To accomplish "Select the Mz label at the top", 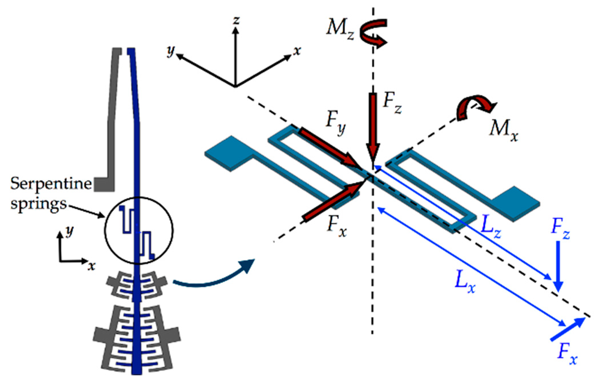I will tap(340, 29).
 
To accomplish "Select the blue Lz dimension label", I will tap(491, 228).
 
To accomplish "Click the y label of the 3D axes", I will tap(171, 51).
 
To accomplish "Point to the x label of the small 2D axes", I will tap(91, 266).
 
